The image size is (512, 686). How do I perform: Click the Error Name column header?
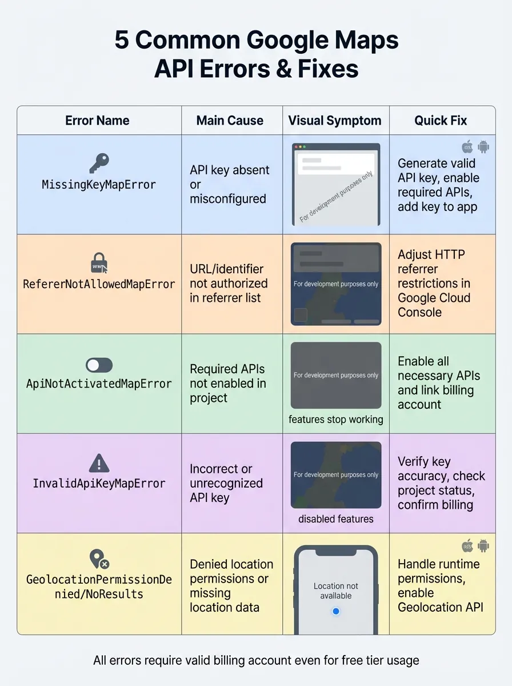click(97, 121)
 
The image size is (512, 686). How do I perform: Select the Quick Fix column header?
click(441, 121)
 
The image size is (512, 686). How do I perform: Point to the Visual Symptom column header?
click(335, 121)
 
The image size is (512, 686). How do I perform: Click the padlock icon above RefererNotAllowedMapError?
click(98, 263)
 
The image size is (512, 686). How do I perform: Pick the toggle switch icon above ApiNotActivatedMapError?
click(99, 365)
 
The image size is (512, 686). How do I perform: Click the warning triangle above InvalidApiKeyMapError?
click(99, 462)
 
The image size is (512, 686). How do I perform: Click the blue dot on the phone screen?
click(336, 611)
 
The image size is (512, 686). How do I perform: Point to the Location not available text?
click(336, 591)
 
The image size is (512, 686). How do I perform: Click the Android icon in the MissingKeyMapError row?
click(483, 146)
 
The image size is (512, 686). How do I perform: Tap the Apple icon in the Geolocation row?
click(467, 545)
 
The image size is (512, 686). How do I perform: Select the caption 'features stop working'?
click(336, 420)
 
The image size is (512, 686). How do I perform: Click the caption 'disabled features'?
click(336, 519)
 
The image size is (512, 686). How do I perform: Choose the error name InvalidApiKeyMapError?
click(99, 484)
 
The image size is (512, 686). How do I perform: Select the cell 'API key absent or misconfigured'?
click(230, 184)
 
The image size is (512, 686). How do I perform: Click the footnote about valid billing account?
click(256, 660)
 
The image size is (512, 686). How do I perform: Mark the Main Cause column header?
click(230, 121)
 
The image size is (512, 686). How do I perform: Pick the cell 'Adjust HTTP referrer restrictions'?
click(434, 284)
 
